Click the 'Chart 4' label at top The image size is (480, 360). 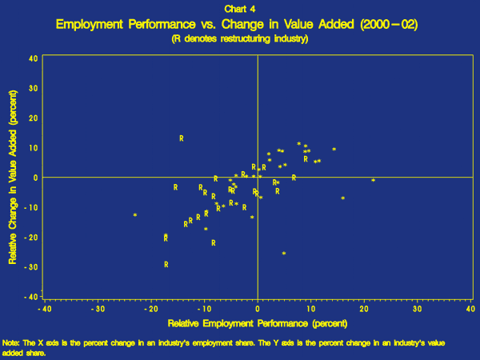pos(239,10)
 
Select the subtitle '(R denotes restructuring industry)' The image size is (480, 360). pos(239,38)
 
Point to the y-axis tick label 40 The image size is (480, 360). pos(32,58)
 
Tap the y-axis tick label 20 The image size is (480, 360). pos(32,118)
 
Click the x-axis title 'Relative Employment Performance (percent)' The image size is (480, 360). pos(256,324)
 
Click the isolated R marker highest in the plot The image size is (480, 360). pos(182,138)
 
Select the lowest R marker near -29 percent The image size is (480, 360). pos(166,265)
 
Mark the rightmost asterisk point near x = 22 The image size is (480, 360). pos(374,181)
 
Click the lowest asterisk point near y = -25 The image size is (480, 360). pos(284,254)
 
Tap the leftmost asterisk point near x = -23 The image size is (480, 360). pos(135,215)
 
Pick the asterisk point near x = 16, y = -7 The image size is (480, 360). pos(343,198)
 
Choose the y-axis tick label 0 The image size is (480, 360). pos(35,178)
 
